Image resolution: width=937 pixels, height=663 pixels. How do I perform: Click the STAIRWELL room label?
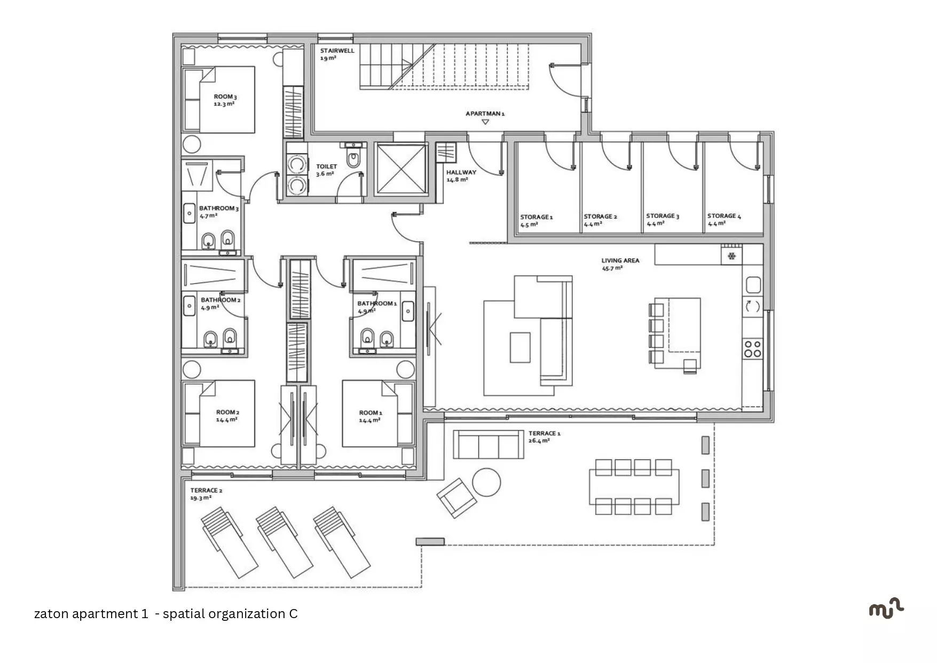click(337, 51)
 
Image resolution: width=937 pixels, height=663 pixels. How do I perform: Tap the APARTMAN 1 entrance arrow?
click(485, 122)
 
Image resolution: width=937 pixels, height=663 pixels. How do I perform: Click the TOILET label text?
click(326, 167)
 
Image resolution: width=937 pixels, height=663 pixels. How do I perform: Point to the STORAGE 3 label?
click(663, 216)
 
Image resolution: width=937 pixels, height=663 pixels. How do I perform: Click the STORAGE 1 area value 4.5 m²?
click(529, 225)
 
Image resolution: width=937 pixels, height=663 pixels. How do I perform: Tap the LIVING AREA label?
click(620, 261)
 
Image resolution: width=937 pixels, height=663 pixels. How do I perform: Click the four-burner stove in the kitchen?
click(753, 349)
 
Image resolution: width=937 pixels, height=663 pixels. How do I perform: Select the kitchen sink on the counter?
click(753, 285)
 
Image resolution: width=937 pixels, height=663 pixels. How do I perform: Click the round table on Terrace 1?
click(486, 482)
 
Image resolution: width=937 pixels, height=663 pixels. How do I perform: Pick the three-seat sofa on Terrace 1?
click(489, 444)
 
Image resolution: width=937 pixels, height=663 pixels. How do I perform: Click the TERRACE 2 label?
click(206, 490)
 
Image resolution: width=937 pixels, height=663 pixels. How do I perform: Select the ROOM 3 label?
click(225, 97)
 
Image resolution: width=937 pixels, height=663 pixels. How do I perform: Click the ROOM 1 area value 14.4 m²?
click(369, 420)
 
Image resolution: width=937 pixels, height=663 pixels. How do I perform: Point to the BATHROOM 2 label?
click(221, 300)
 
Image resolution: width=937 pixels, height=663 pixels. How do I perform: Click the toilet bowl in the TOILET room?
click(353, 159)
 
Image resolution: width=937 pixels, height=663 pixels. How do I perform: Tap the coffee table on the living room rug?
click(520, 348)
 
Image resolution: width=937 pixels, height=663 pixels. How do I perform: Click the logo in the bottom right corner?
click(886, 609)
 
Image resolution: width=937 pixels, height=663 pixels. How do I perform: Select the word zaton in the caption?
click(51, 614)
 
